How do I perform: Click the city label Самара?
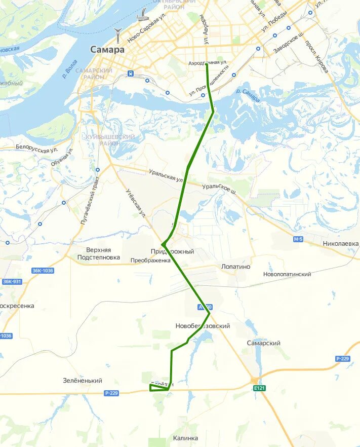107,50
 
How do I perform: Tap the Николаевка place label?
341,244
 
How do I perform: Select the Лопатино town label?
236,267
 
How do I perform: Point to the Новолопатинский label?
287,274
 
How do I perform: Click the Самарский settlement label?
264,343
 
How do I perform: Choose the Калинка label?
185,438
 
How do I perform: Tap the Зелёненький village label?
83,381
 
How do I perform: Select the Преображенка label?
150,260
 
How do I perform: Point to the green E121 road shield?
260,388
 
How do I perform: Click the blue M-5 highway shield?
298,239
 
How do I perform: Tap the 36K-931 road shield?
12,281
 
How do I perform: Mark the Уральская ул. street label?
166,175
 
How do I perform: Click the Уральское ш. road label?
219,189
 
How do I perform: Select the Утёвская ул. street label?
136,203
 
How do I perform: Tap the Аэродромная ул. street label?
208,62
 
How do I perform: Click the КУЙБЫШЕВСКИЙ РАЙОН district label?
110,140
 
